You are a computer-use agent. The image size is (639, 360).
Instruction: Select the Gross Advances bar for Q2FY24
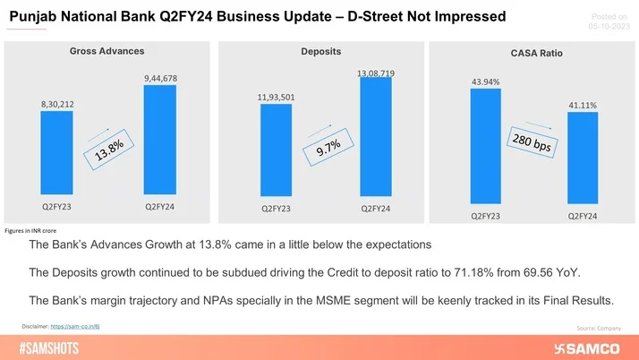coord(160,138)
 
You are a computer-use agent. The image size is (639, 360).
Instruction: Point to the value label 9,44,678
coord(160,78)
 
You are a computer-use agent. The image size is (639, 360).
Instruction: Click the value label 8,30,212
coord(56,104)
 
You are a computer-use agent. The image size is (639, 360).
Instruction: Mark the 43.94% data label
coord(485,82)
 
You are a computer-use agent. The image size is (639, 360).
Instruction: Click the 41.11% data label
coord(582,105)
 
